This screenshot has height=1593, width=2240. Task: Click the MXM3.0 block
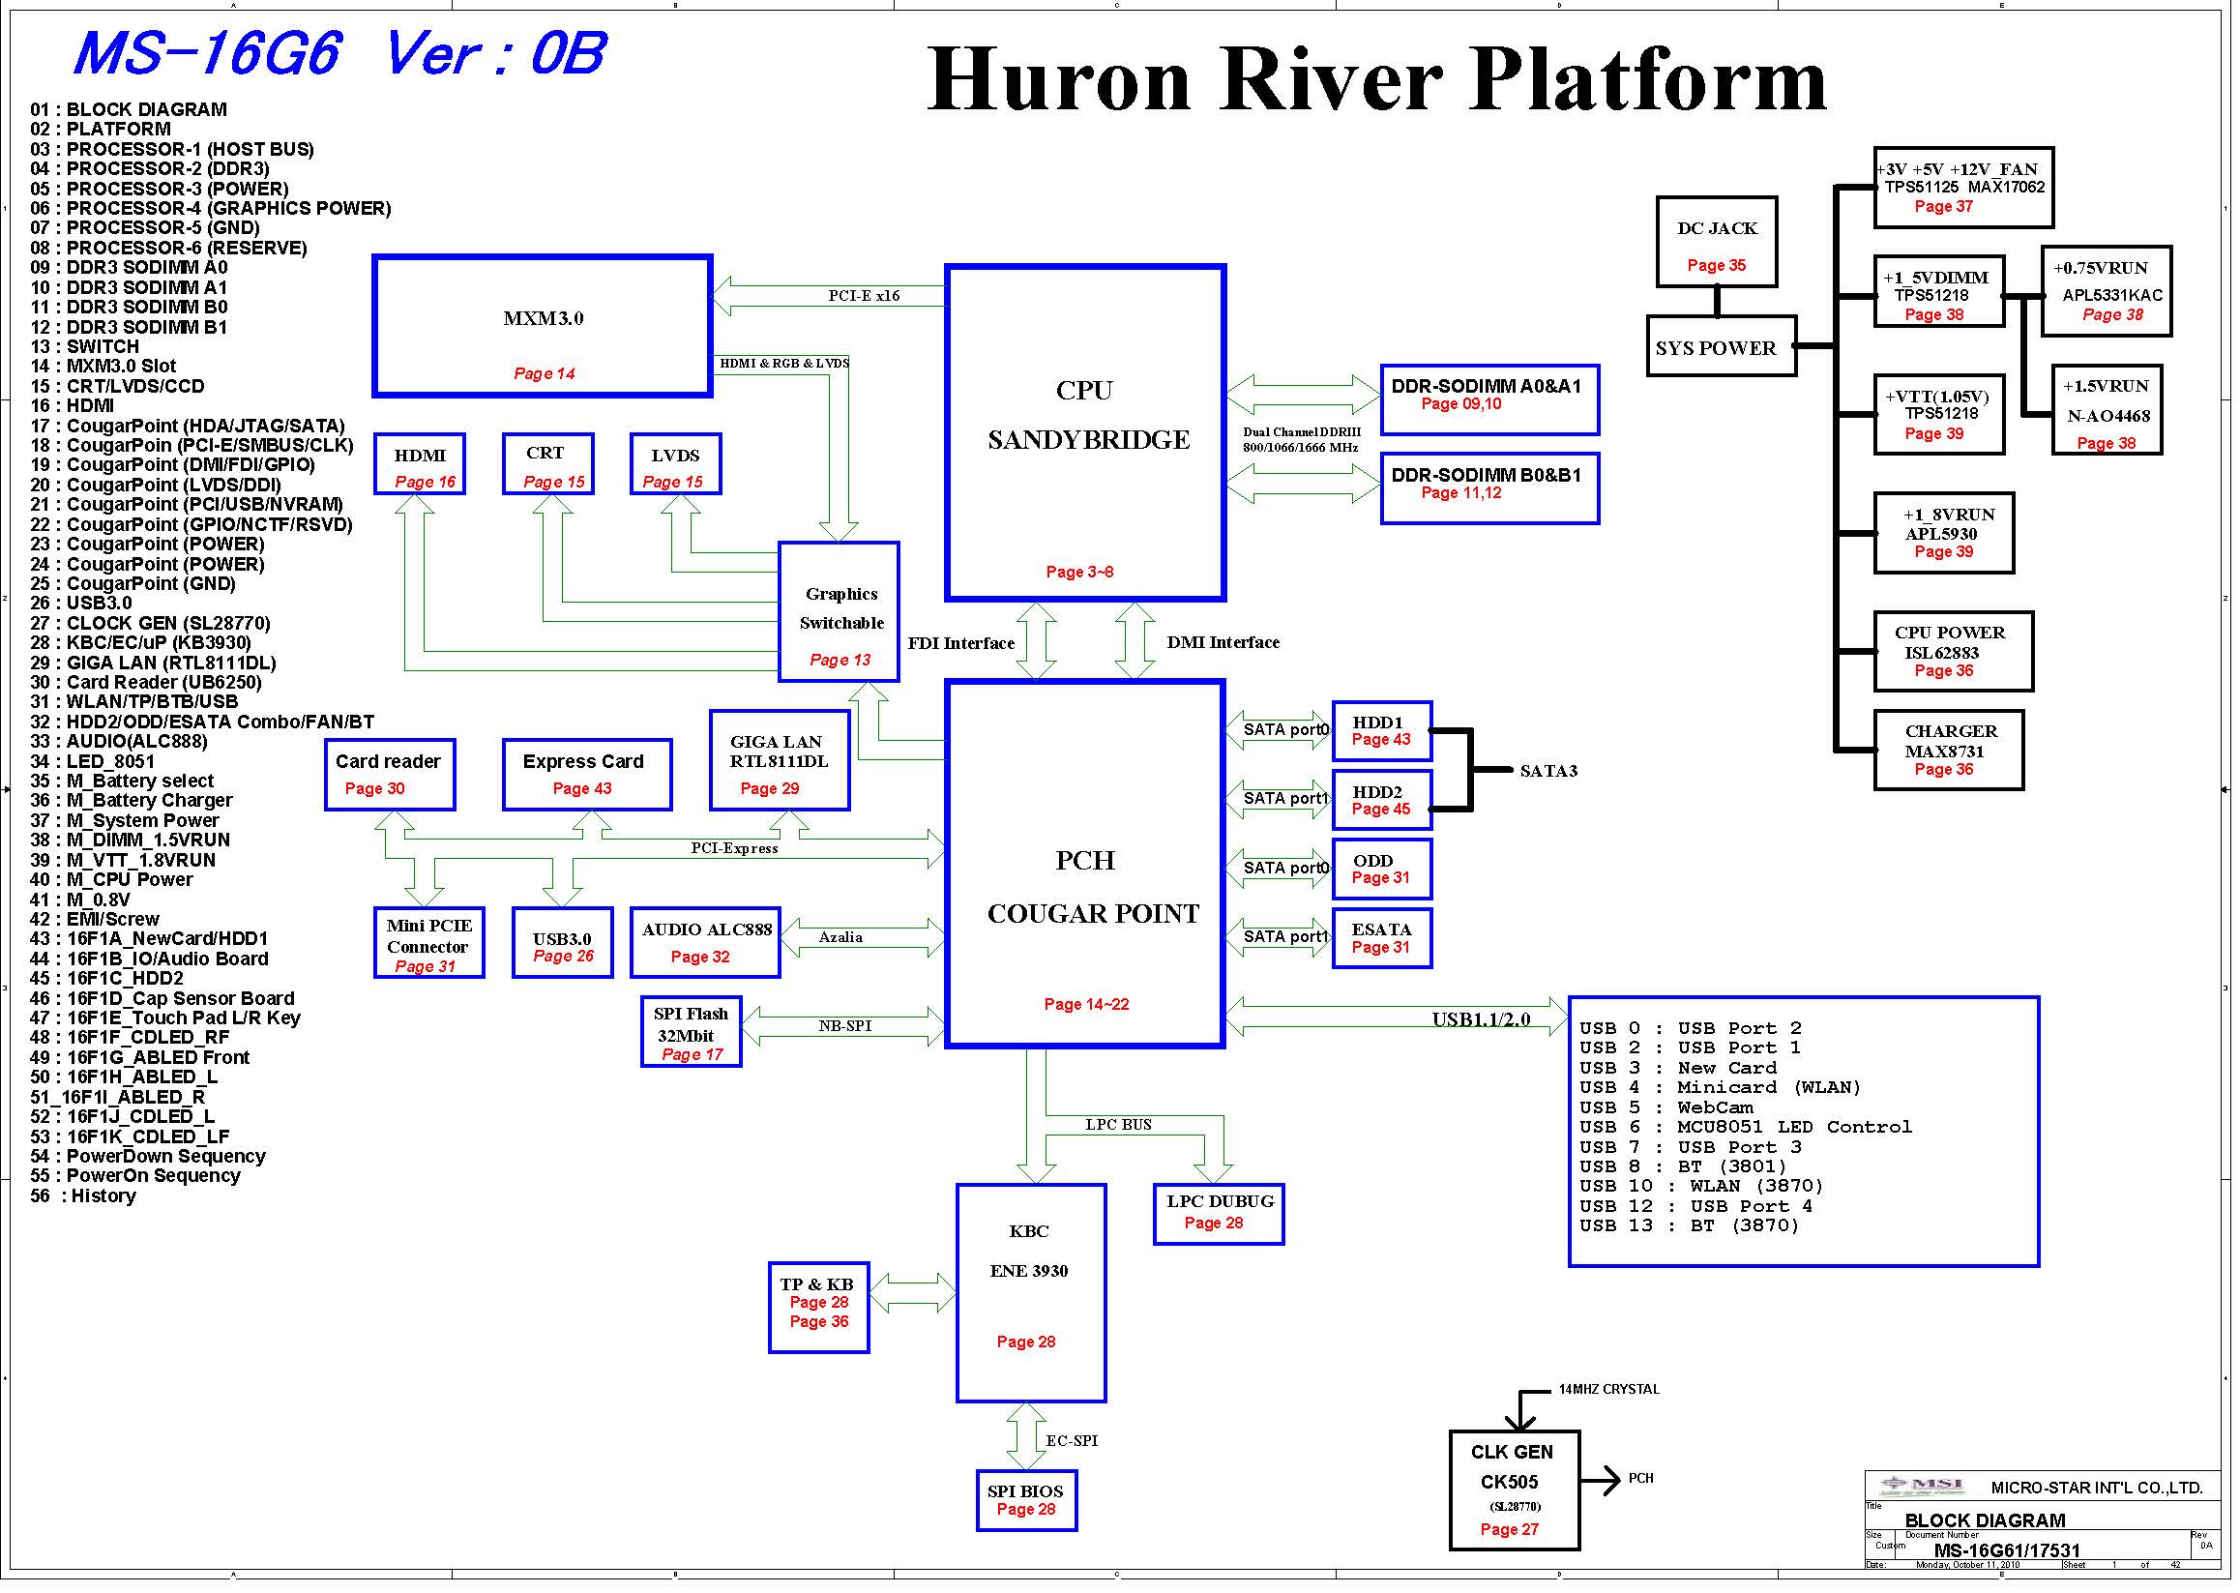click(543, 326)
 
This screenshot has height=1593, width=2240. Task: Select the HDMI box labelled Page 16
click(420, 464)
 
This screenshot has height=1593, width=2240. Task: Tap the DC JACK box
click(1717, 241)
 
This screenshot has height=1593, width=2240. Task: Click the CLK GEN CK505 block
click(1515, 1490)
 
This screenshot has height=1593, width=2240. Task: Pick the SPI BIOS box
click(1027, 1500)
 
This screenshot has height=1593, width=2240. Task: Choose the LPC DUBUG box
click(1219, 1214)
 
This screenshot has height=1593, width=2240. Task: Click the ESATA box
click(1382, 938)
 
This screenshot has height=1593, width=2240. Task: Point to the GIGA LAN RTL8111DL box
click(780, 760)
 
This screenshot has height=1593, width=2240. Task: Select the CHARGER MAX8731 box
click(1949, 751)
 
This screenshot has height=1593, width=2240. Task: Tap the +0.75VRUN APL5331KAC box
click(2107, 290)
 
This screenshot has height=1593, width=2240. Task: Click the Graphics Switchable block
click(839, 611)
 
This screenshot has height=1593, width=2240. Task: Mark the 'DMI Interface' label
click(1223, 642)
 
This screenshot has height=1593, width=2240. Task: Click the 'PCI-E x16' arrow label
click(863, 295)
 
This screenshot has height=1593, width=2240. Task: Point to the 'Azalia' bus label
click(840, 937)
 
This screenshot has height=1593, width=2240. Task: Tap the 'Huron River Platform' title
click(1377, 79)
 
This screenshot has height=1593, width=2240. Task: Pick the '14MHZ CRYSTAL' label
click(1609, 1389)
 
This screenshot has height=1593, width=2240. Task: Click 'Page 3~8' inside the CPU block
click(1078, 571)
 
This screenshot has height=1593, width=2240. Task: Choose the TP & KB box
click(819, 1308)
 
